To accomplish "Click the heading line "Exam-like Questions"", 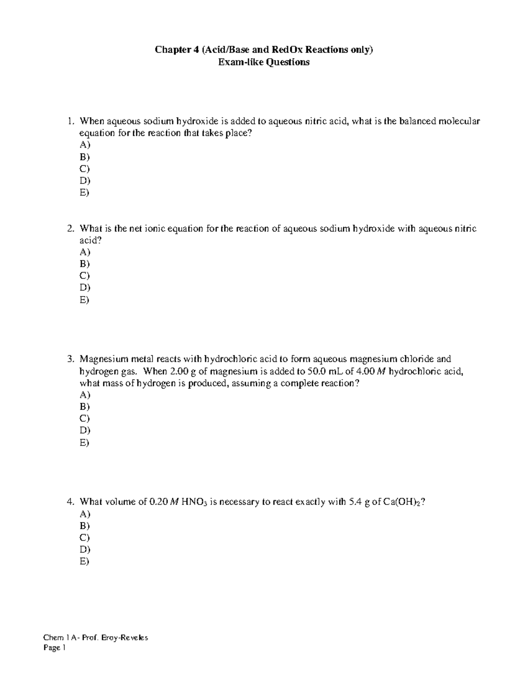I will click(264, 62).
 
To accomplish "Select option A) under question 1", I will click(84, 145).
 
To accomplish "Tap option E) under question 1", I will click(84, 193).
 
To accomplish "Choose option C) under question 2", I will click(84, 276).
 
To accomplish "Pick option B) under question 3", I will click(84, 406).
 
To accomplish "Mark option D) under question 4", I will click(84, 549).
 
